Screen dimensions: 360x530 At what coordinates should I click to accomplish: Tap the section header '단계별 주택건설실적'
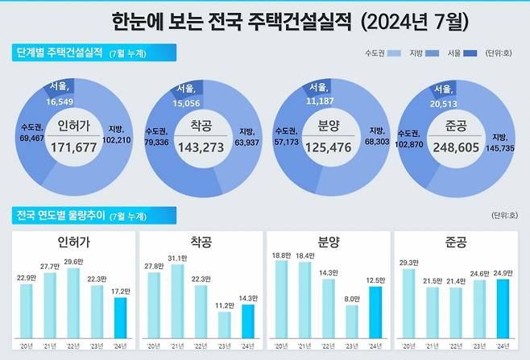pyautogui.click(x=60, y=54)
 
